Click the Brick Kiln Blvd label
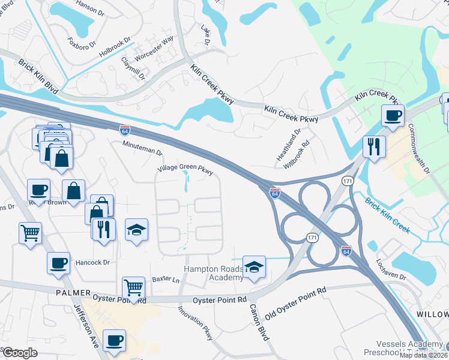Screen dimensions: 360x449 38,76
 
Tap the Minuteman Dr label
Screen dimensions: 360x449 142,149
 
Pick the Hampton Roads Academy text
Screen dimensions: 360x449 213,273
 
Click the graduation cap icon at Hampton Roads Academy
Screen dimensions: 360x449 255,266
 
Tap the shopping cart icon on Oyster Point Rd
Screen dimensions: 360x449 133,287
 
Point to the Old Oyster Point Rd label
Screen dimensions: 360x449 296,298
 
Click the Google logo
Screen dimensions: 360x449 20,353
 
